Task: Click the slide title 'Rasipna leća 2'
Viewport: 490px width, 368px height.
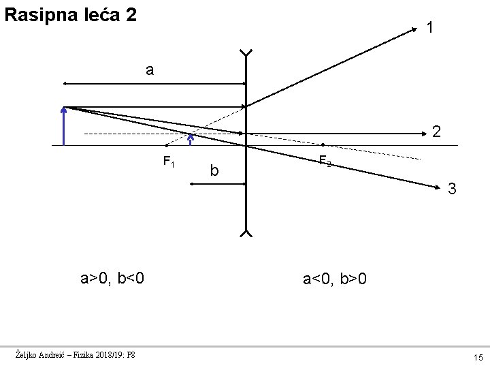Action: [70, 14]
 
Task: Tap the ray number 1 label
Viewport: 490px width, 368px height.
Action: [431, 28]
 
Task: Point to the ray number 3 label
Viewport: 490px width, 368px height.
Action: [451, 189]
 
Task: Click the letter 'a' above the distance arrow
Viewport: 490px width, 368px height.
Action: [149, 70]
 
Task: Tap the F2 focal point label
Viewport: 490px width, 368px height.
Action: [325, 162]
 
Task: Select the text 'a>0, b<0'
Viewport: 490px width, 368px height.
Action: [111, 278]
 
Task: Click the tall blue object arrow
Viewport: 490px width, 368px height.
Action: [63, 126]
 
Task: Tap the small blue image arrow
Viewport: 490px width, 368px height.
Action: [191, 139]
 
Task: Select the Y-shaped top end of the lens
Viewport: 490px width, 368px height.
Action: [246, 53]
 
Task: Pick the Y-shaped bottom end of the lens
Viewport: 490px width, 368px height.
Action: [246, 234]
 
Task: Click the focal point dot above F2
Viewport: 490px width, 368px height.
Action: [323, 145]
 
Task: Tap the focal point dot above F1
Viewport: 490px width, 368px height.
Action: [167, 145]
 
